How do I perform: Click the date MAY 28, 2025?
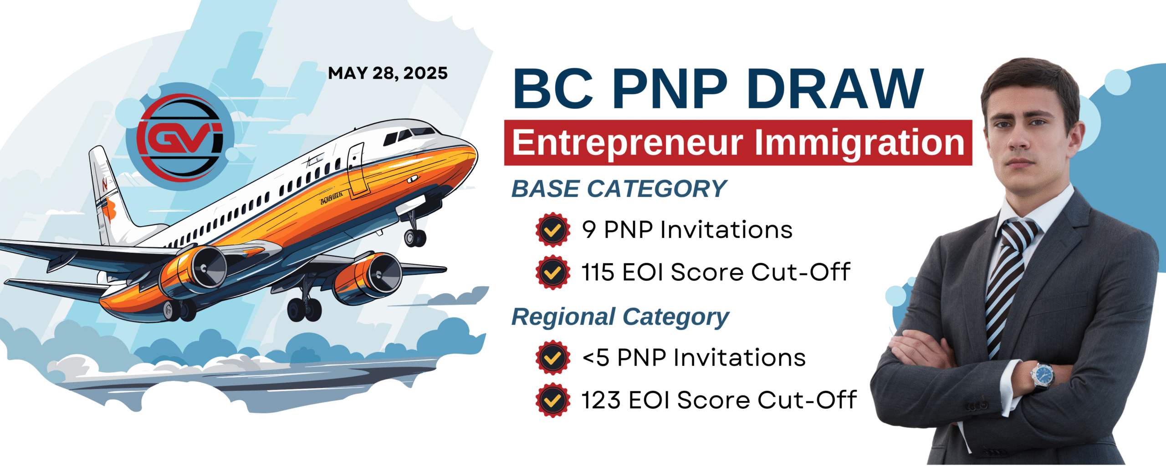tap(388, 73)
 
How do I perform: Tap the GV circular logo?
tap(180, 137)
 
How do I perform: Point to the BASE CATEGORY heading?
tap(619, 189)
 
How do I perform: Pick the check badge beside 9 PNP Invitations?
tap(553, 230)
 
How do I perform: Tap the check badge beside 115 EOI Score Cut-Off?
tap(553, 273)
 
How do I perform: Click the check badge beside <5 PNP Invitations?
tap(553, 358)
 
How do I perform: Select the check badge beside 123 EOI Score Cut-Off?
tap(553, 400)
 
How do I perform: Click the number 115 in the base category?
tap(598, 273)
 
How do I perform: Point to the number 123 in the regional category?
tap(601, 400)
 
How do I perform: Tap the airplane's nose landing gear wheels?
tap(415, 238)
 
